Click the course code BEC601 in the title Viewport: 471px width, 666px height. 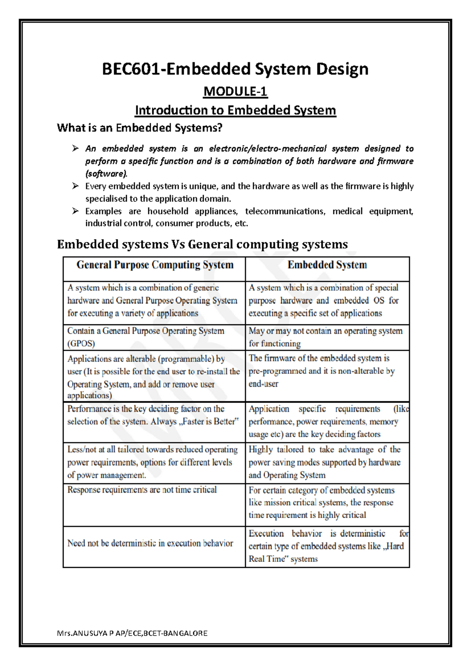[x=131, y=70]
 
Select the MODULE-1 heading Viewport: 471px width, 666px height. [x=235, y=92]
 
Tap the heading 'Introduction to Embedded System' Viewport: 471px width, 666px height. [x=235, y=110]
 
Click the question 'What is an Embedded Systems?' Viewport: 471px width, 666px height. [x=139, y=128]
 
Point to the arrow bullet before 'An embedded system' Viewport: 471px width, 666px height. [x=75, y=148]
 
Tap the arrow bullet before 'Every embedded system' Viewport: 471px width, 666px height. [x=75, y=186]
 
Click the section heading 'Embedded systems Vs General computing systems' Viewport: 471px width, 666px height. [x=202, y=244]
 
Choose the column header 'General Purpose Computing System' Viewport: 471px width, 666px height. [x=155, y=265]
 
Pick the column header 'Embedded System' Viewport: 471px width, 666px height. [x=327, y=265]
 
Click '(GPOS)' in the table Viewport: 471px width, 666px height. [x=81, y=344]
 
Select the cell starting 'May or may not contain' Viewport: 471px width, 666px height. [x=325, y=337]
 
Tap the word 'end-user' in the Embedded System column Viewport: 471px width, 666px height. [x=263, y=384]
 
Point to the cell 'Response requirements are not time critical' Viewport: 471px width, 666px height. [x=142, y=490]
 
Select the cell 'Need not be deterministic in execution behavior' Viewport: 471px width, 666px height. [x=150, y=543]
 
